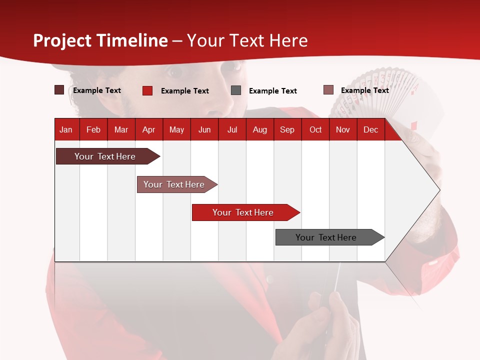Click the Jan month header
[x=66, y=130]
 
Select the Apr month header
[x=148, y=130]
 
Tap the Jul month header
[x=232, y=130]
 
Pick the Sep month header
[x=287, y=130]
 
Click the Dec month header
[x=370, y=130]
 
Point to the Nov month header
[x=342, y=130]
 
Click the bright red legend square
[x=147, y=90]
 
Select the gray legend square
[x=236, y=90]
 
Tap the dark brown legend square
[x=59, y=90]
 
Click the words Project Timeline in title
[x=100, y=40]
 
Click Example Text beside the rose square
[x=364, y=90]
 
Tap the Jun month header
[x=204, y=130]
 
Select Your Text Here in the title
[x=247, y=40]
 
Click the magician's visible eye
[x=174, y=72]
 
